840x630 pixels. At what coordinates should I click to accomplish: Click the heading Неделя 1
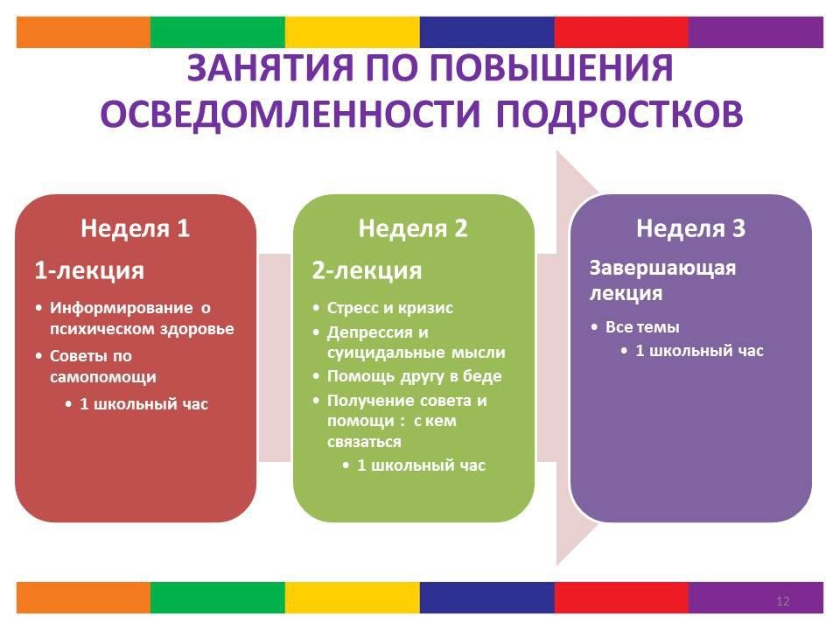(x=135, y=228)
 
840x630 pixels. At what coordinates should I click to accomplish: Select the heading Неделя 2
(x=413, y=228)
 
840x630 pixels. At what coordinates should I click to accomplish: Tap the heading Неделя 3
(x=690, y=228)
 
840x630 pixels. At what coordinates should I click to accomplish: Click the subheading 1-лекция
(x=89, y=270)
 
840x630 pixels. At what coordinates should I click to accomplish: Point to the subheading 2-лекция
(x=367, y=270)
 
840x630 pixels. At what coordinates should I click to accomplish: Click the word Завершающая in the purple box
(x=662, y=268)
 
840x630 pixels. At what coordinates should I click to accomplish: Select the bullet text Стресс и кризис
(x=390, y=308)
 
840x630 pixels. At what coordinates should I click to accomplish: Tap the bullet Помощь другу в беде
(x=414, y=376)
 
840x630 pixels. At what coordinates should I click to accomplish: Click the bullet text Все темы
(x=642, y=326)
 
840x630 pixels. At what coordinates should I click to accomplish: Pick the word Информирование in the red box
(x=121, y=308)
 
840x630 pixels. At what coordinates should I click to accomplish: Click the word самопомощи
(x=103, y=376)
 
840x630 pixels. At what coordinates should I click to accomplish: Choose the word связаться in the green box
(x=364, y=442)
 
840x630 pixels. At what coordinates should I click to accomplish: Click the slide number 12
(x=782, y=601)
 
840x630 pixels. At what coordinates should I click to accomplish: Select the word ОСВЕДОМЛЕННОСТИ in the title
(x=290, y=114)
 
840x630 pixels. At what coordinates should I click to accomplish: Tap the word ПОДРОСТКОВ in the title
(x=619, y=114)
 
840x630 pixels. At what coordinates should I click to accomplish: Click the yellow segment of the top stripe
(x=352, y=32)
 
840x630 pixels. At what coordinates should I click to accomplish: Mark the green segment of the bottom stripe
(x=218, y=598)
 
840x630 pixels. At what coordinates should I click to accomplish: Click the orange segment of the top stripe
(x=84, y=32)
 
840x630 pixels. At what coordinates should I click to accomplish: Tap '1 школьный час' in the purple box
(x=699, y=351)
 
